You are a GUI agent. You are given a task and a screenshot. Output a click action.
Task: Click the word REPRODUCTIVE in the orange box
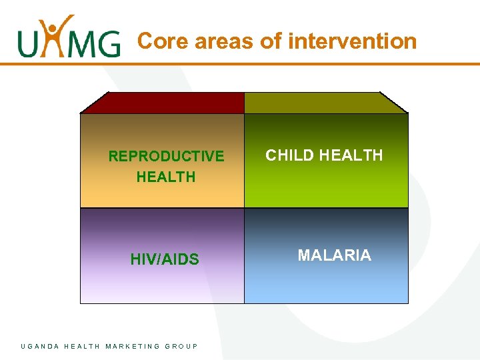tap(166, 157)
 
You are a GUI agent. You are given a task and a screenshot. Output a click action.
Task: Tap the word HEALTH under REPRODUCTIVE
tap(166, 177)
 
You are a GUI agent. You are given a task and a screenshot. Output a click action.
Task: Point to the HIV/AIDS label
tap(165, 260)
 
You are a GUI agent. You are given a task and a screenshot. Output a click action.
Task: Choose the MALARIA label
tap(334, 255)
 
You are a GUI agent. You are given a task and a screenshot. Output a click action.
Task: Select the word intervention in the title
tap(353, 41)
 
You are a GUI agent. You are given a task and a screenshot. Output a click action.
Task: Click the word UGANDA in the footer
tap(40, 346)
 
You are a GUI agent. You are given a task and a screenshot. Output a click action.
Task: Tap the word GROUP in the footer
tap(181, 346)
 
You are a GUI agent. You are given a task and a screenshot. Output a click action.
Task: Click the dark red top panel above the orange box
tap(164, 103)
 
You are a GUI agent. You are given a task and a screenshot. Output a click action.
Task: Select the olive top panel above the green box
tap(325, 103)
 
